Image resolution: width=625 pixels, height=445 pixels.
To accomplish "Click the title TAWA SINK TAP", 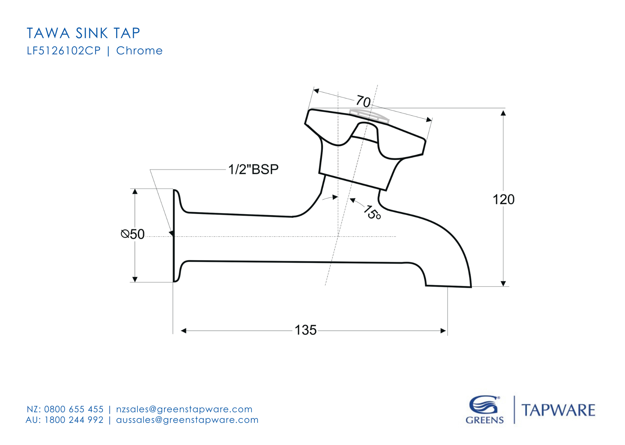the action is (x=83, y=33).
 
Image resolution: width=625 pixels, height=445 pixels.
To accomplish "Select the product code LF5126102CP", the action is (x=64, y=51).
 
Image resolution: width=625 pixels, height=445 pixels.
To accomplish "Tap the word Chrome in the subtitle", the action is (x=139, y=51).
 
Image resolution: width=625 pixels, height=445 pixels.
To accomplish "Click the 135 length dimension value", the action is (x=305, y=330).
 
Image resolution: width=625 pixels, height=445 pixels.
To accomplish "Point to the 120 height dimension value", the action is (x=503, y=200).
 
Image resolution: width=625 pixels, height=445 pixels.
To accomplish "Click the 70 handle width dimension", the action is (x=363, y=102).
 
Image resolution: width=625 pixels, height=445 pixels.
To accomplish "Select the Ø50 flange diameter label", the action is (x=133, y=234).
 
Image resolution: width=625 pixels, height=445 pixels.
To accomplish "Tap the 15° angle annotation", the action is (x=372, y=212).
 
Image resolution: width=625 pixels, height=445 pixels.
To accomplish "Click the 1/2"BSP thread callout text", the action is (x=253, y=169).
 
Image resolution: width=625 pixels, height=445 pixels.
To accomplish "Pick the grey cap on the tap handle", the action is (x=369, y=116).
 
